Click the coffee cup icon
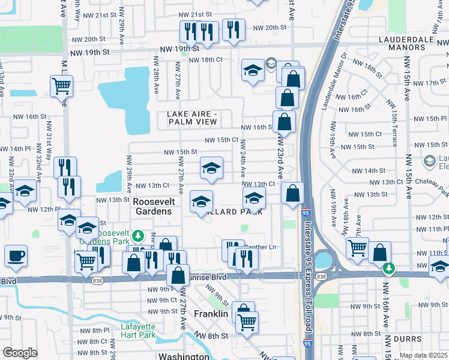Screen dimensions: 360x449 [x=16, y=256]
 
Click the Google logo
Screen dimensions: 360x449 [x=20, y=353]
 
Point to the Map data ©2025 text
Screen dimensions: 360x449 [x=423, y=355]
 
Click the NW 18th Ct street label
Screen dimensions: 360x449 [x=206, y=60]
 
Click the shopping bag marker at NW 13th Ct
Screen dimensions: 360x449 [x=292, y=194]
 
